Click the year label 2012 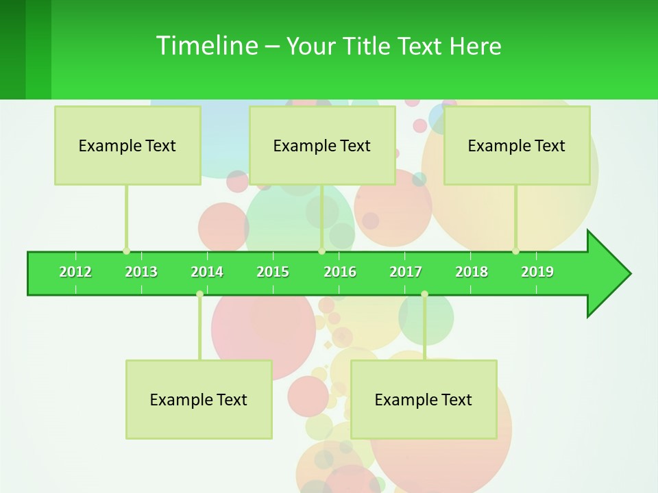click(75, 272)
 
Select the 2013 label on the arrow click(141, 272)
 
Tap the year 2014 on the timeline click(207, 272)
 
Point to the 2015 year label click(273, 272)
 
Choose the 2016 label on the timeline click(340, 272)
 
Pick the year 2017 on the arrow click(406, 272)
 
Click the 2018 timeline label click(472, 272)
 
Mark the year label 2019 click(537, 272)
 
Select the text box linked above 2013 click(127, 145)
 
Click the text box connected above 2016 click(322, 145)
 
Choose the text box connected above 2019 click(517, 145)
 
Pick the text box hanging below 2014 click(199, 399)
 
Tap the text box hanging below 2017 click(424, 399)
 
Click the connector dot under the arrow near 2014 click(199, 294)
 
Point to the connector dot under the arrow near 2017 click(424, 294)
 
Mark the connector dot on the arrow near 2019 click(516, 251)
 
